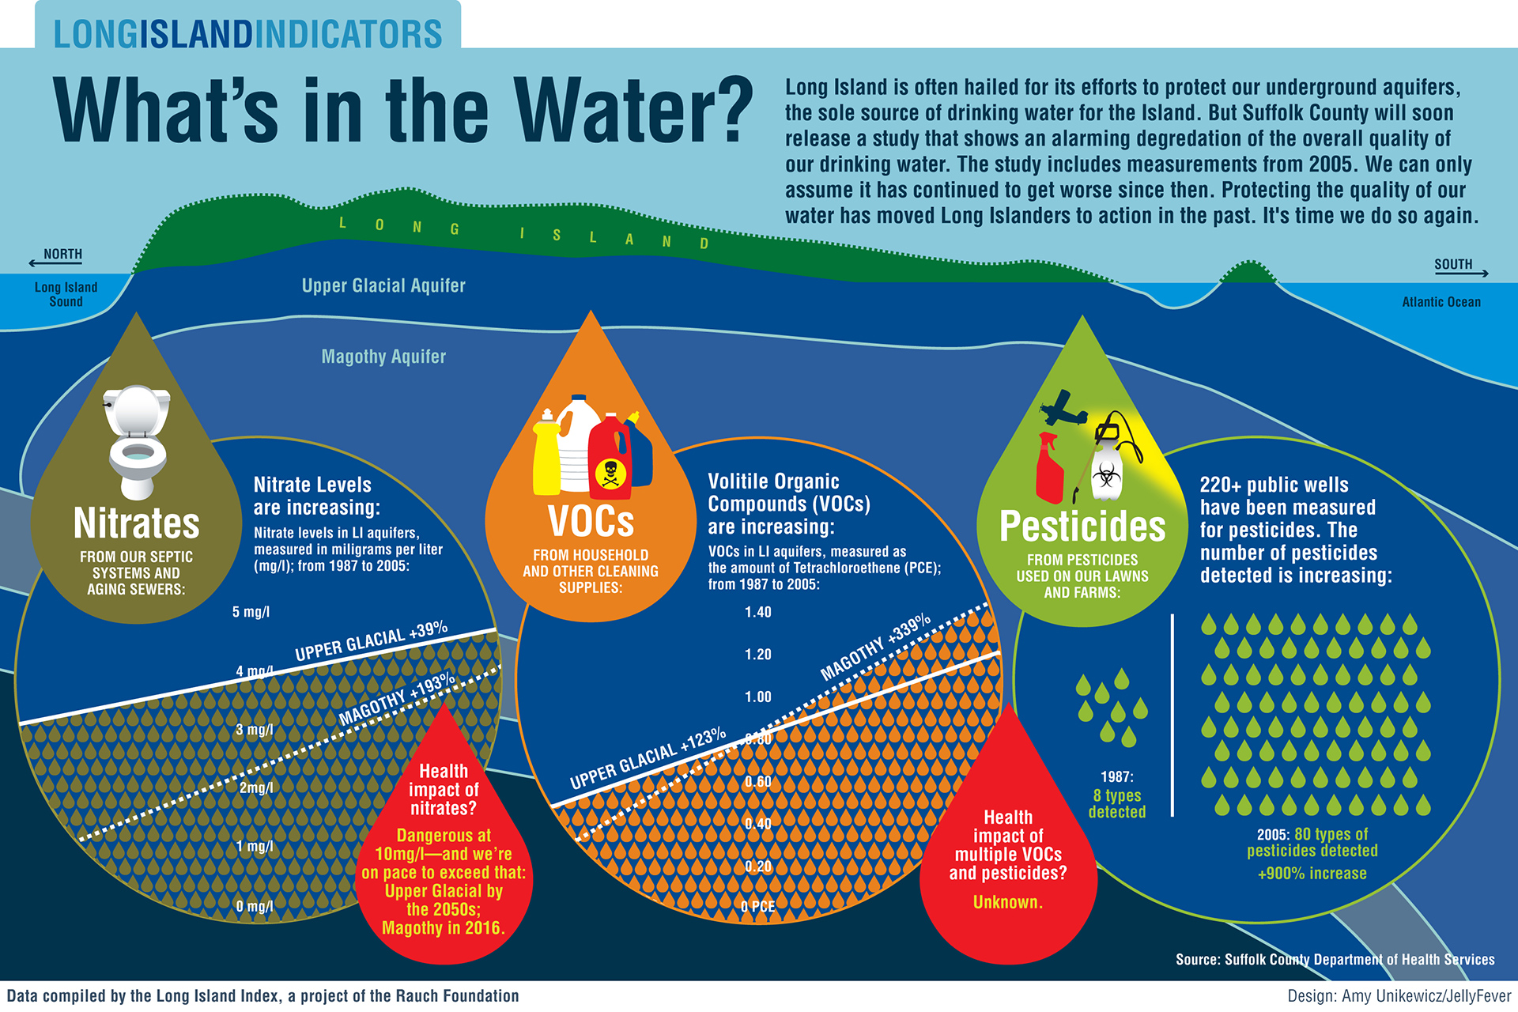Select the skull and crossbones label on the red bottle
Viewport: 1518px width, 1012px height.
[x=610, y=474]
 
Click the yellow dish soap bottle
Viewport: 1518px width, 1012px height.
[x=546, y=455]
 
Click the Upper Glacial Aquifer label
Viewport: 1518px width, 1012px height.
[x=383, y=285]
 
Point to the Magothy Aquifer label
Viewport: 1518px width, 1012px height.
[x=383, y=357]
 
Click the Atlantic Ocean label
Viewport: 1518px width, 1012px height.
[x=1441, y=302]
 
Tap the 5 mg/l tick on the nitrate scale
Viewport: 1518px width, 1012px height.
[x=251, y=612]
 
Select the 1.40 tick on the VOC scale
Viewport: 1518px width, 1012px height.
[x=757, y=612]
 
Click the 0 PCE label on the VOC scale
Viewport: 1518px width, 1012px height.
[x=757, y=906]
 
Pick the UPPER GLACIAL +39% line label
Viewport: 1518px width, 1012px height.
[x=371, y=642]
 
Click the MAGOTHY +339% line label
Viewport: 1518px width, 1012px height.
[x=875, y=647]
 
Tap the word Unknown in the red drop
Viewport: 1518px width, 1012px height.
[x=1007, y=902]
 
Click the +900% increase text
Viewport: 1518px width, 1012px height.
[x=1312, y=874]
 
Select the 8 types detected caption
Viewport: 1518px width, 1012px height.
[x=1116, y=803]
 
